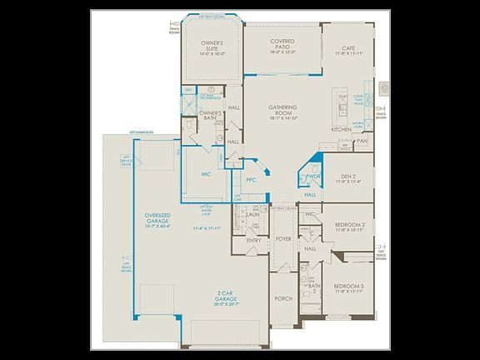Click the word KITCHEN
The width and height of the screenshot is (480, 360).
(x=342, y=130)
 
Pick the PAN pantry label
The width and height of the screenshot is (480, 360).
(x=362, y=141)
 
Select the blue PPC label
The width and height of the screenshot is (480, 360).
(x=250, y=180)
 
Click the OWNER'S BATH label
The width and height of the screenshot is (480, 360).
(x=210, y=116)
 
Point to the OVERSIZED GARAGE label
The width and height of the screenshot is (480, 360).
(x=152, y=219)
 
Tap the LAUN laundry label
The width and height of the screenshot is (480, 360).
(x=253, y=214)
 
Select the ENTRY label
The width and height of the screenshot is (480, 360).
(x=254, y=240)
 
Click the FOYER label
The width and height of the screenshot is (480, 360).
(x=283, y=238)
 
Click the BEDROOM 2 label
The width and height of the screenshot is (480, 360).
(x=350, y=226)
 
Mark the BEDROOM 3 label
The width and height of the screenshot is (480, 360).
(x=350, y=289)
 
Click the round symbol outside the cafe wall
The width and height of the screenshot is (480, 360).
(x=384, y=87)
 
